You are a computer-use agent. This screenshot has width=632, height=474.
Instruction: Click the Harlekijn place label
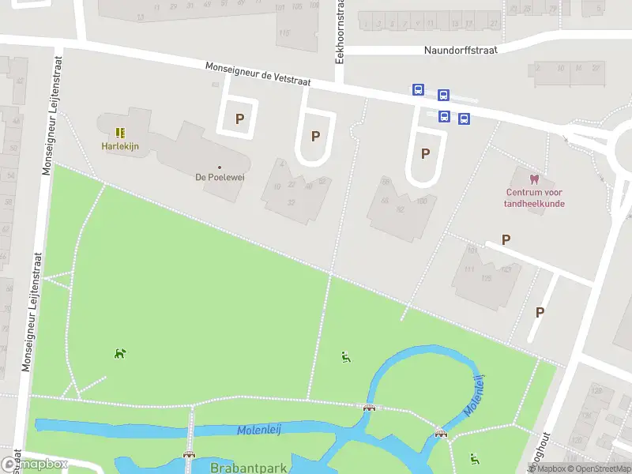point(119,145)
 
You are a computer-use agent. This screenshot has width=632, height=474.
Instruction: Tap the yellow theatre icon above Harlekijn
point(119,133)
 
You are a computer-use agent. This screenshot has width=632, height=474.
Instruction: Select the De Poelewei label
point(220,177)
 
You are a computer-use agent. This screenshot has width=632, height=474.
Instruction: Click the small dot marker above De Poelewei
point(220,167)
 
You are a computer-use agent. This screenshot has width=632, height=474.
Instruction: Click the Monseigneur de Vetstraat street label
point(258,74)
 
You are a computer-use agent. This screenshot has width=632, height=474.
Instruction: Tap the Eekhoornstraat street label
point(340,41)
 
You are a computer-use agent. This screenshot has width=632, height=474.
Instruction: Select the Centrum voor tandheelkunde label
point(535,197)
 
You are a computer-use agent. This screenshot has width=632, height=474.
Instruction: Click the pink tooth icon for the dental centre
point(535,179)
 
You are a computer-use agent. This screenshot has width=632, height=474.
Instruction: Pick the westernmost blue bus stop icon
point(418,90)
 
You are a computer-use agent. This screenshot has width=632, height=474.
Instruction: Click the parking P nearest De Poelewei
point(239,119)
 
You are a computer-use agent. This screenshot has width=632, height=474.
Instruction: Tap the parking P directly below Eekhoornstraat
point(315,136)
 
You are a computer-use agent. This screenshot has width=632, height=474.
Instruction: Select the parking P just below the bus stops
point(425,153)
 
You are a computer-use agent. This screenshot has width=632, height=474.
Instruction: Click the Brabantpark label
point(248,468)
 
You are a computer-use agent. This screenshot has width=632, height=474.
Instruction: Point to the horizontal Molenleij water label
point(259,429)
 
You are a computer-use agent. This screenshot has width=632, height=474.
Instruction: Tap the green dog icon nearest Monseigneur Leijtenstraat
point(119,353)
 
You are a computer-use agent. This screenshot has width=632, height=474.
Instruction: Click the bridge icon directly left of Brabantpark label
point(189,454)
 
